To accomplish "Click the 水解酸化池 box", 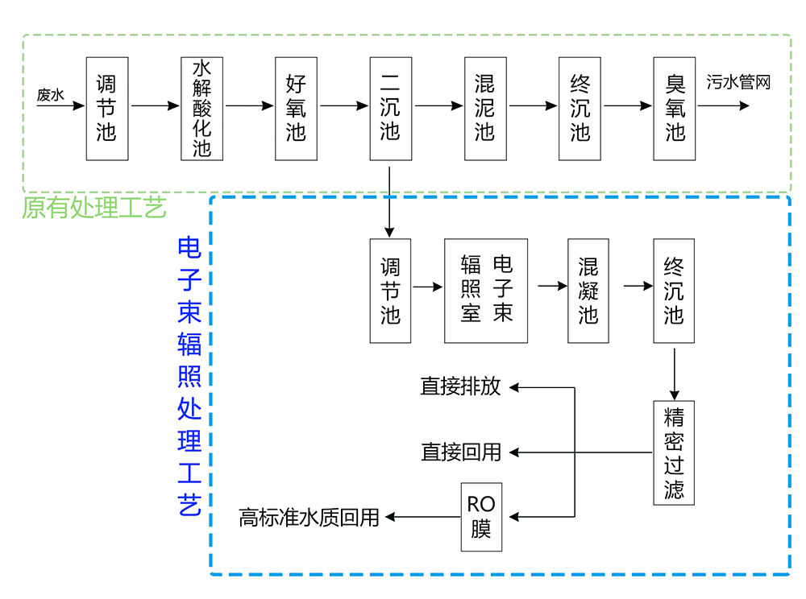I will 201,108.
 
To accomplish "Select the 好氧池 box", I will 296,108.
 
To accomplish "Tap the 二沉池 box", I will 390,108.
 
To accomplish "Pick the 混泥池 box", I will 484,108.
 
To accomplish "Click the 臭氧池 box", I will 675,108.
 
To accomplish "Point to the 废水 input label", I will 50,95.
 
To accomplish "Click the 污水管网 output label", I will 739,82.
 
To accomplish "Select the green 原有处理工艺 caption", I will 94,209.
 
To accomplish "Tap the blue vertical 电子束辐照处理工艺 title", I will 189,377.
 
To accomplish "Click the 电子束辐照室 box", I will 486,291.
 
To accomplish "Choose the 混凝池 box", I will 588,291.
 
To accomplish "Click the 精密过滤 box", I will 674,453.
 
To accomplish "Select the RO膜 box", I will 481,517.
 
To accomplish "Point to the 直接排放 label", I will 460,387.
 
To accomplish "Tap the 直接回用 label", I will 460,452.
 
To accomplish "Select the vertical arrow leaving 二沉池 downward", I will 390,201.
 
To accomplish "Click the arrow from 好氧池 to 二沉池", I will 343,105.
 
